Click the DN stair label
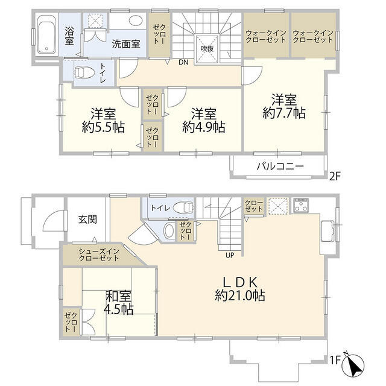183,62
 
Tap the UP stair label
230,255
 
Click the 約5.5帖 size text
100,127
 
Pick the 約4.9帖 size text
204,127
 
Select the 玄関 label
87,220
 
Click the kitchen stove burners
300,206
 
